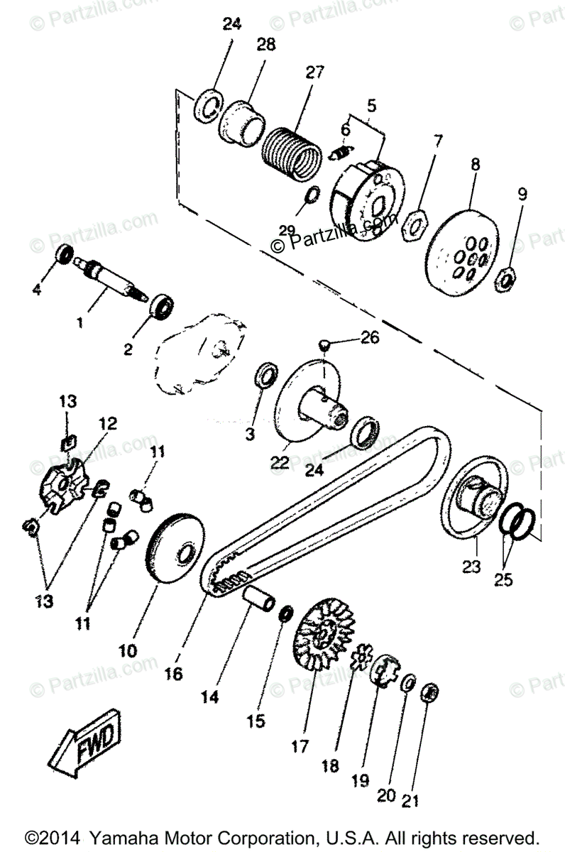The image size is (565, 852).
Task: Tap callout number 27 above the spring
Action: click(x=314, y=72)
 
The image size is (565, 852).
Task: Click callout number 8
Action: click(x=475, y=164)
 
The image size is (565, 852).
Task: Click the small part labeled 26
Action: click(x=323, y=344)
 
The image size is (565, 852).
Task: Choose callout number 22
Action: click(x=278, y=463)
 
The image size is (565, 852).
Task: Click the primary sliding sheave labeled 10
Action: click(x=175, y=555)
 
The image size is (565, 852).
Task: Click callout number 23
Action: click(x=471, y=567)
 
